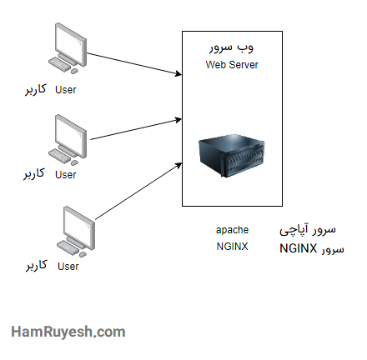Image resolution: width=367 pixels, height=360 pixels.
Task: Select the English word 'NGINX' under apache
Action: [232, 247]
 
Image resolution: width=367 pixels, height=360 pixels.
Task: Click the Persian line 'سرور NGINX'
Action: [310, 247]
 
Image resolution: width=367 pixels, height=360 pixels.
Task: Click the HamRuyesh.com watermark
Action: [68, 331]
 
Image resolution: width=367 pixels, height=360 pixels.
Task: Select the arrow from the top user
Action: [133, 64]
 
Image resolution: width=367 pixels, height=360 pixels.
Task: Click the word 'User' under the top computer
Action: [65, 89]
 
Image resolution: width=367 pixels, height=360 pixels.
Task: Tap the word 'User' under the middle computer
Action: [65, 175]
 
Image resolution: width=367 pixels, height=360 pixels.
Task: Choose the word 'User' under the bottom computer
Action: [68, 267]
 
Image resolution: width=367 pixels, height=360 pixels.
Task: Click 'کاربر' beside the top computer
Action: [33, 89]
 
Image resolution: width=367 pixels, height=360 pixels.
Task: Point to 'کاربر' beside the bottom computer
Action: [36, 267]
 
